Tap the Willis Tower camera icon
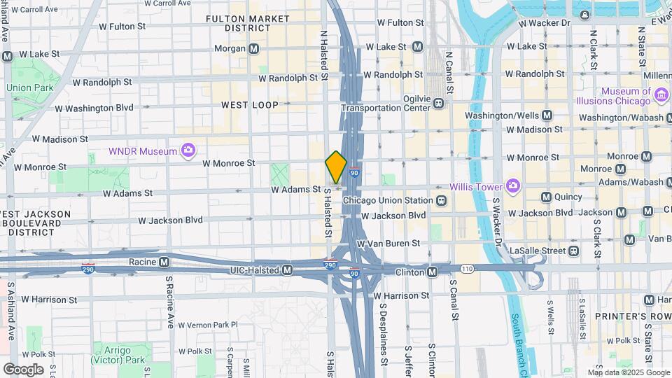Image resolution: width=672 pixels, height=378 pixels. (x=513, y=185)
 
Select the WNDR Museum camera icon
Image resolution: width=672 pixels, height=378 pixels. (x=187, y=150)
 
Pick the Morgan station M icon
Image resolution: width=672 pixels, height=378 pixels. (x=255, y=48)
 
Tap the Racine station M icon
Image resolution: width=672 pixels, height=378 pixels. (x=164, y=262)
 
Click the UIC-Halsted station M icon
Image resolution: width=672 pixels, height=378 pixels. (x=287, y=269)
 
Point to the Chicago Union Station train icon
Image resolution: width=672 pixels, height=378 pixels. (x=441, y=201)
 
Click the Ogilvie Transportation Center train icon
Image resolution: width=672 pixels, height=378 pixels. (x=438, y=103)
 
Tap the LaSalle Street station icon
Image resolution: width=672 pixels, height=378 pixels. (x=573, y=250)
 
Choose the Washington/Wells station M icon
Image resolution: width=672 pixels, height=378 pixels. (x=547, y=115)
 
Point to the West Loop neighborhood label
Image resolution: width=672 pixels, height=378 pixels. (x=250, y=105)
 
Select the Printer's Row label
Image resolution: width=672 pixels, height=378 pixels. (x=625, y=316)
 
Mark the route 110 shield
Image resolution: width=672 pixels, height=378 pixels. (x=468, y=268)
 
